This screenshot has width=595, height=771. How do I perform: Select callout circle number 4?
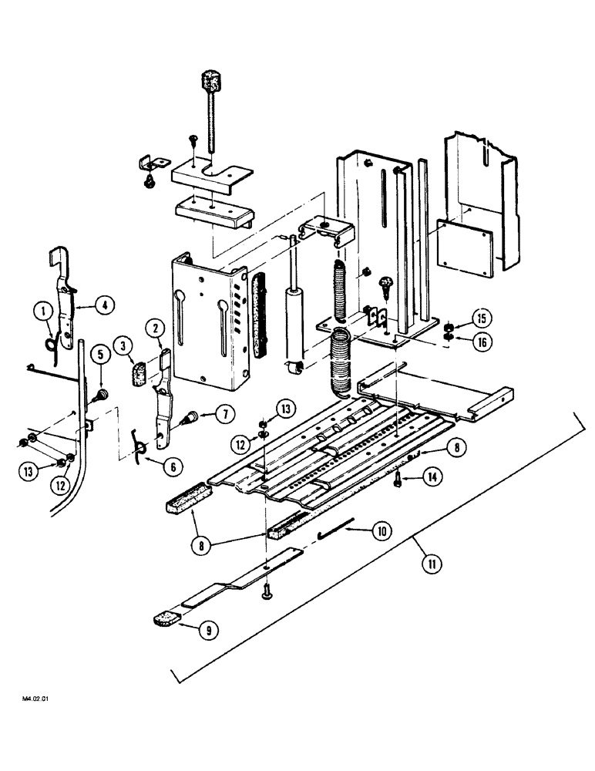105,305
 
